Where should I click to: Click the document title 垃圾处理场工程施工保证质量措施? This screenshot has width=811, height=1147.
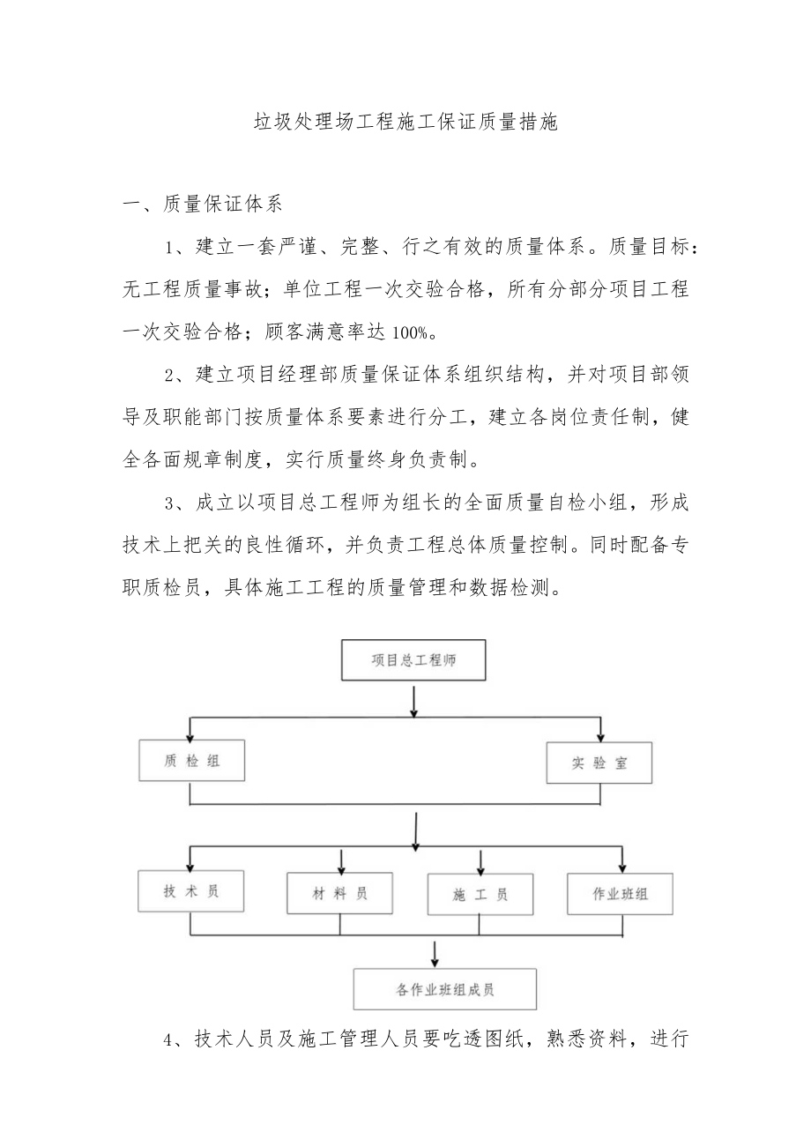click(405, 122)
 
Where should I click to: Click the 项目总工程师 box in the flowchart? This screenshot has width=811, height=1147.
click(413, 659)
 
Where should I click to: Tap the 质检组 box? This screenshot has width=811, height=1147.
click(191, 761)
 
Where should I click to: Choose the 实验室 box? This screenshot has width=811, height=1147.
click(599, 763)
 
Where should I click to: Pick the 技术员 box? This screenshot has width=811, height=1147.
click(190, 890)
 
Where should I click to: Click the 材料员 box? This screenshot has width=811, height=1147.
click(339, 893)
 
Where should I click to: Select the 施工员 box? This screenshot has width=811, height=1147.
click(480, 895)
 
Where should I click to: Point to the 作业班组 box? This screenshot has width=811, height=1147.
click(621, 894)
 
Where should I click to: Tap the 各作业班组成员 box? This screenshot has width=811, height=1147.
click(445, 989)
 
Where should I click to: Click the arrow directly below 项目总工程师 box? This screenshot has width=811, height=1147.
click(413, 700)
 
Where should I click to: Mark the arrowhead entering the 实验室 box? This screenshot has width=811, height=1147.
click(602, 735)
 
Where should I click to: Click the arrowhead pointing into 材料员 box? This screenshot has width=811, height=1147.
click(341, 866)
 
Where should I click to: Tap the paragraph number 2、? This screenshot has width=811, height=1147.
click(177, 375)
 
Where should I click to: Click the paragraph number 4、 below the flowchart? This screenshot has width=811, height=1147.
click(177, 1039)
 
